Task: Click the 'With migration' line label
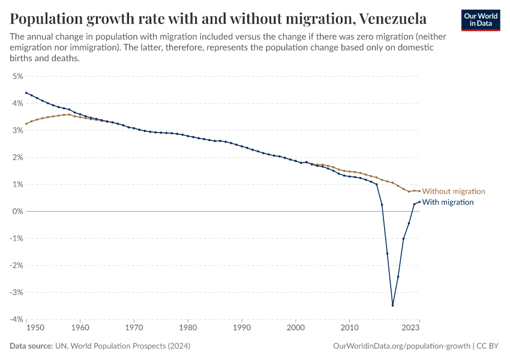pyautogui.click(x=448, y=202)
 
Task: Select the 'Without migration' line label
pyautogui.click(x=453, y=191)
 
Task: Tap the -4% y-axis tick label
pyautogui.click(x=16, y=319)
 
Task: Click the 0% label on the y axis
pyautogui.click(x=17, y=211)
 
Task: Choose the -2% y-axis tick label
pyautogui.click(x=16, y=265)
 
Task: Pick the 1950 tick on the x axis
pyautogui.click(x=35, y=328)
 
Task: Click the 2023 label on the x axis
pyautogui.click(x=410, y=328)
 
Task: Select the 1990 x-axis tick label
pyautogui.click(x=242, y=328)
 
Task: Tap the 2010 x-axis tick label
pyautogui.click(x=349, y=328)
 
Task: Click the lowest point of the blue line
pyautogui.click(x=392, y=305)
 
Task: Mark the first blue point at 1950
pyautogui.click(x=26, y=93)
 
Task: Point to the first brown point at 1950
pyautogui.click(x=26, y=124)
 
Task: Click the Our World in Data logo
pyautogui.click(x=481, y=20)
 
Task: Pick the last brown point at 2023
pyautogui.click(x=419, y=191)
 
